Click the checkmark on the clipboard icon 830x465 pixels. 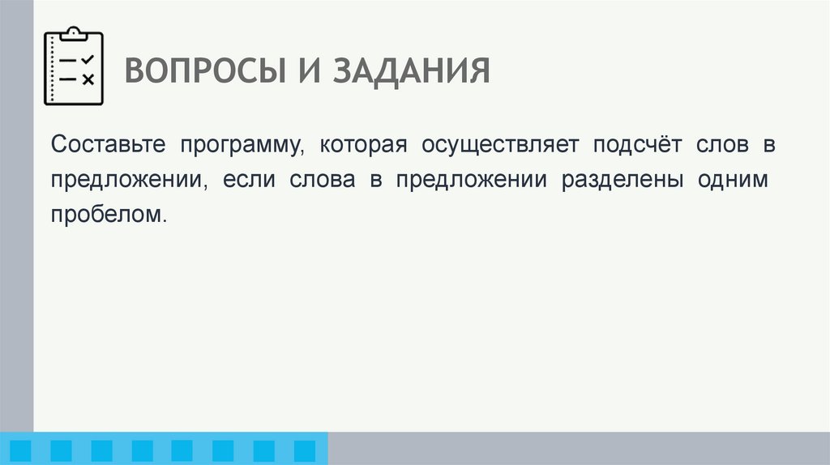(88, 61)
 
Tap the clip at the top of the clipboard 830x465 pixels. (74, 33)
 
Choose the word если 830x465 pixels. (242, 180)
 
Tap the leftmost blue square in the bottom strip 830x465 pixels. (22, 450)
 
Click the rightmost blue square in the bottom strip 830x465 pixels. (304, 450)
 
